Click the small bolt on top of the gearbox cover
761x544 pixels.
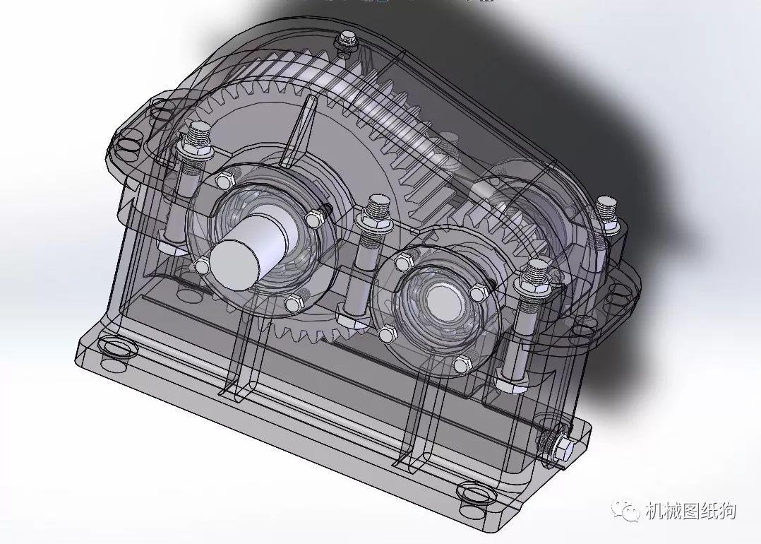[x=346, y=39]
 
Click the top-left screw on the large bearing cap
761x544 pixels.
[x=225, y=179]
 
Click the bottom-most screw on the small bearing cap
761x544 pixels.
[x=461, y=365]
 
